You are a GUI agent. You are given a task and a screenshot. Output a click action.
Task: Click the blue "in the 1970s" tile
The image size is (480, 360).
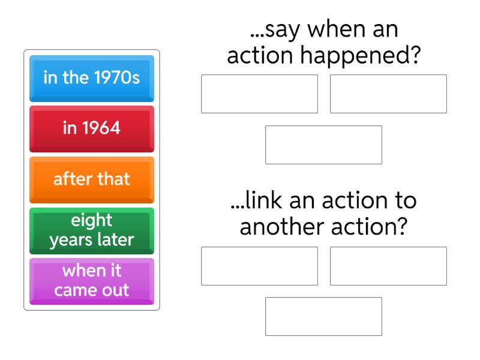pyautogui.click(x=92, y=79)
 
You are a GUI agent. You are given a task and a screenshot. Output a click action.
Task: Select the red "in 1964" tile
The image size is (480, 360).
pyautogui.click(x=92, y=128)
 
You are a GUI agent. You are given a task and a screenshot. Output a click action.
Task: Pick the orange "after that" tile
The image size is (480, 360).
pyautogui.click(x=92, y=179)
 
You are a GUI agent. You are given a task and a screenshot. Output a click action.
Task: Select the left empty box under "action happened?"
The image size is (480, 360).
pyautogui.click(x=259, y=94)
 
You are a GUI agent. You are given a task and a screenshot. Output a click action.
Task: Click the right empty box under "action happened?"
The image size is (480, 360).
pyautogui.click(x=388, y=94)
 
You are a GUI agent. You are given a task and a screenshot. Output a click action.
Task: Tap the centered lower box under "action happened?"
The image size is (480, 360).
pyautogui.click(x=324, y=145)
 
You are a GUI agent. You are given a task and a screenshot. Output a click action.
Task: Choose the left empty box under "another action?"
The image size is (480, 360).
pyautogui.click(x=259, y=266)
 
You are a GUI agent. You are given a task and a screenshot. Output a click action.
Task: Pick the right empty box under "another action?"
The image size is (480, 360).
pyautogui.click(x=388, y=266)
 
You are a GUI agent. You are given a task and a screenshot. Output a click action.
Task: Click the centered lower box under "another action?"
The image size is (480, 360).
pyautogui.click(x=324, y=316)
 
